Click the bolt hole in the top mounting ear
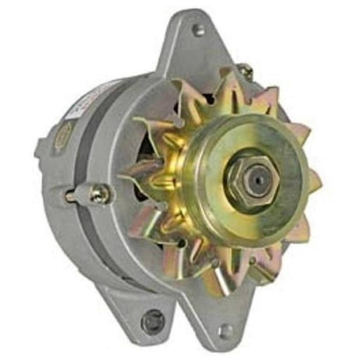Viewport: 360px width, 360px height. (x=197, y=29)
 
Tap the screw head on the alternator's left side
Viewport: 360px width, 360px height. (x=99, y=194)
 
